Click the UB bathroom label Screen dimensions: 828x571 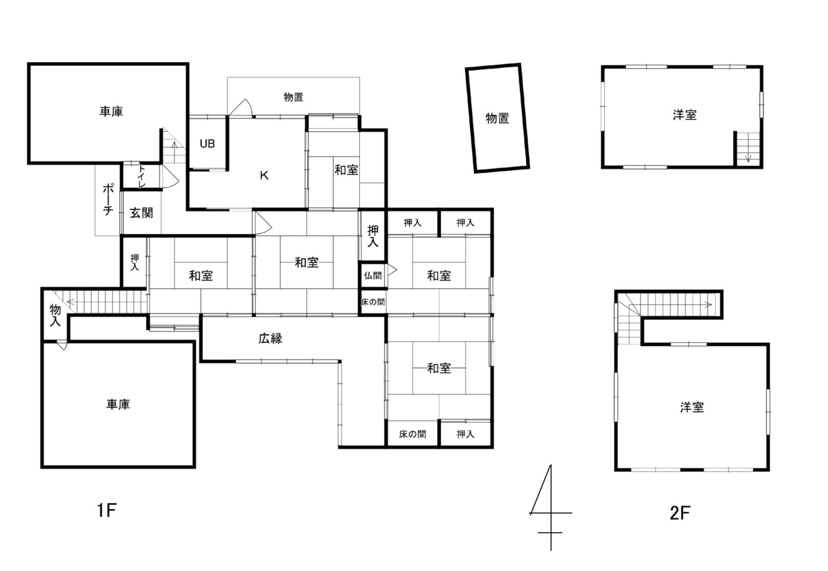[207, 144]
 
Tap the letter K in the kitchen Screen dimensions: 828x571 [264, 175]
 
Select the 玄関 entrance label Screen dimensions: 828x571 [141, 213]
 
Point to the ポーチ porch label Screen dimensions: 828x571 [107, 199]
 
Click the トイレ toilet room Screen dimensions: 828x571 [141, 176]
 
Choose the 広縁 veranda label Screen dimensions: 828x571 [270, 338]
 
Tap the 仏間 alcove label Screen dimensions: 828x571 [373, 275]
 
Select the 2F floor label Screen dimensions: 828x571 [680, 513]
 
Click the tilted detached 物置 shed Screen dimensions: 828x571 [497, 118]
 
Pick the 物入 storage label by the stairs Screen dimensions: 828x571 [55, 315]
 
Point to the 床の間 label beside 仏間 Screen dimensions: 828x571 [373, 302]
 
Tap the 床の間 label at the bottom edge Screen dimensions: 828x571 [412, 434]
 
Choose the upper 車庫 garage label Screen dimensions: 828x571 [111, 111]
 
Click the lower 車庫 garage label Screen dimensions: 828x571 [118, 404]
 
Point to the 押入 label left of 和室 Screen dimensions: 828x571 [134, 262]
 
